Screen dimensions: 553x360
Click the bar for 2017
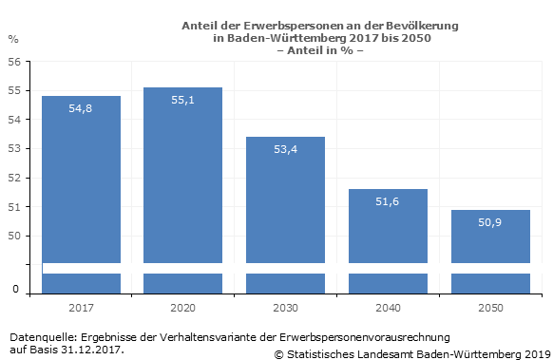tap(81, 194)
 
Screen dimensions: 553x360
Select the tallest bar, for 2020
tap(182, 190)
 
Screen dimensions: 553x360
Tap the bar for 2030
tap(285, 215)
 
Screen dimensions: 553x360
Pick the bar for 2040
tap(388, 241)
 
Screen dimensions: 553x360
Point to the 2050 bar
tap(490, 252)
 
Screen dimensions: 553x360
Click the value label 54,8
tap(81, 108)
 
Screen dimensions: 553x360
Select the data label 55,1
tap(182, 100)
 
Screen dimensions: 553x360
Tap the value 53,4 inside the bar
tap(285, 149)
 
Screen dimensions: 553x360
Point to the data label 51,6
tap(388, 201)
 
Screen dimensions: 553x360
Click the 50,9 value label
tap(490, 222)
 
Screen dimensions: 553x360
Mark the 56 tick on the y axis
tap(14, 62)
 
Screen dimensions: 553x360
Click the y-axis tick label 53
tap(14, 148)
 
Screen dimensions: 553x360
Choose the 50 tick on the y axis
tap(14, 236)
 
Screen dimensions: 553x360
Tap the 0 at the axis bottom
tap(15, 289)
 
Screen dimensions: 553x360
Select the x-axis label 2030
tap(285, 308)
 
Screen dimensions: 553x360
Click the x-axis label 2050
tap(490, 308)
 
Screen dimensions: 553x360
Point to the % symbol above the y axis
tap(13, 39)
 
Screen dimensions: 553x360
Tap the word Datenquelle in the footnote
tap(43, 337)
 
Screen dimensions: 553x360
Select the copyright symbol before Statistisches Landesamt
tap(278, 354)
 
